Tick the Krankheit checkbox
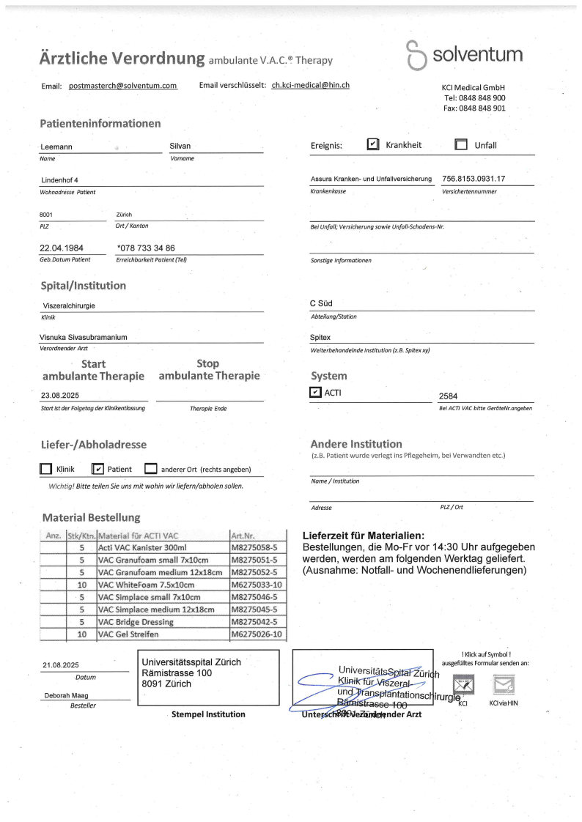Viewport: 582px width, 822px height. (373, 144)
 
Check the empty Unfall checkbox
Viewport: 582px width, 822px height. (461, 144)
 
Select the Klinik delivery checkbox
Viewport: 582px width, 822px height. (46, 469)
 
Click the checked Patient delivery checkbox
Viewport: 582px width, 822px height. (97, 469)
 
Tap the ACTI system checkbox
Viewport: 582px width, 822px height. (316, 393)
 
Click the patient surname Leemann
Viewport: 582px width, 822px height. (56, 147)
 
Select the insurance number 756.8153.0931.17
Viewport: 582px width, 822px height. (474, 179)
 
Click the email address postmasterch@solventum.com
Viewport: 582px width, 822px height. (123, 86)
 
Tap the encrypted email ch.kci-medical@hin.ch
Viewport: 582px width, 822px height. (310, 85)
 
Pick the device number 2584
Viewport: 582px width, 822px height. (448, 396)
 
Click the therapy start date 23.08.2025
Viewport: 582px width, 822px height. (65, 394)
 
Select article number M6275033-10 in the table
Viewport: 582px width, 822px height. (257, 584)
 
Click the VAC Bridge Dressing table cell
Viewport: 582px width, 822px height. (136, 622)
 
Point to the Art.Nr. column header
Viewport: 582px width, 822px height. (243, 535)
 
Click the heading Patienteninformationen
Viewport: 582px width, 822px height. (100, 123)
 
